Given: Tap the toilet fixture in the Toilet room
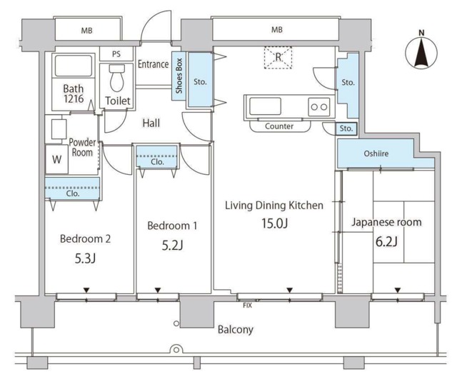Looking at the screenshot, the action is pyautogui.click(x=117, y=78).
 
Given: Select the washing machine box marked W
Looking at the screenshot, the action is pyautogui.click(x=56, y=159).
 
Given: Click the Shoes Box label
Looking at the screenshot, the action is pyautogui.click(x=179, y=76).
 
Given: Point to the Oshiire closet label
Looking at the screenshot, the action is pyautogui.click(x=376, y=153).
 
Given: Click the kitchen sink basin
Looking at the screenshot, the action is pyautogui.click(x=265, y=106).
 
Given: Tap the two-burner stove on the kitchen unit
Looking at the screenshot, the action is pyautogui.click(x=319, y=107).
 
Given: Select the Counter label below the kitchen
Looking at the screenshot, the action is pyautogui.click(x=279, y=126).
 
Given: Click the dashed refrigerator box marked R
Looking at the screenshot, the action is pyautogui.click(x=278, y=57).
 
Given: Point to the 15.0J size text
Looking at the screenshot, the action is pyautogui.click(x=274, y=223).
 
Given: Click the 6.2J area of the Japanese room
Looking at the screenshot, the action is pyautogui.click(x=386, y=241).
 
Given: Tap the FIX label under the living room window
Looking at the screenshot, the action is pyautogui.click(x=247, y=305).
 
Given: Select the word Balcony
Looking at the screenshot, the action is pyautogui.click(x=236, y=330).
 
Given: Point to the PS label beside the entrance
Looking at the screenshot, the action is pyautogui.click(x=116, y=54).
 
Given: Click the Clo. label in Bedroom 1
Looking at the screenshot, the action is pyautogui.click(x=157, y=162).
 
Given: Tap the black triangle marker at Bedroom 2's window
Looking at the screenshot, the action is pyautogui.click(x=86, y=290).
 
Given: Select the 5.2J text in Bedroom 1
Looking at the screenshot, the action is pyautogui.click(x=172, y=246).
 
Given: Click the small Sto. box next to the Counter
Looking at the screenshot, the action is pyautogui.click(x=346, y=128).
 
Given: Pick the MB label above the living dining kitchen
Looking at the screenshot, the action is pyautogui.click(x=276, y=29).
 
